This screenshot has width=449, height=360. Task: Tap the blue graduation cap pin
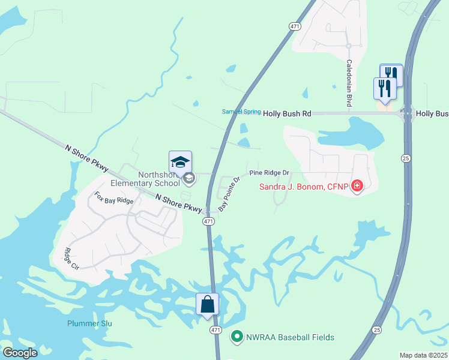(x=180, y=162)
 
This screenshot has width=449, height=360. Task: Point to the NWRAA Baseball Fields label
(x=289, y=337)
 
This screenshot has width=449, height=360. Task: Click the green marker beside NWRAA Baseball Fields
(x=237, y=337)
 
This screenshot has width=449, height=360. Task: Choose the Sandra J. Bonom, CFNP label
(x=304, y=187)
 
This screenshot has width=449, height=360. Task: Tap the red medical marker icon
(x=357, y=186)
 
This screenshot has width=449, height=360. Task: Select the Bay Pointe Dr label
(x=229, y=193)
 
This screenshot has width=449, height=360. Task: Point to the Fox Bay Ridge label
(x=114, y=199)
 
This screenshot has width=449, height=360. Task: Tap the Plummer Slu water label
(x=89, y=323)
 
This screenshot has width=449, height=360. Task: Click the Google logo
(x=20, y=353)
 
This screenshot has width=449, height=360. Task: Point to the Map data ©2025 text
(x=423, y=355)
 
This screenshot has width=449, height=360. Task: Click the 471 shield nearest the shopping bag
(x=216, y=331)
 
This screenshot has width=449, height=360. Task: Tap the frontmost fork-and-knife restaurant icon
(x=384, y=89)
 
